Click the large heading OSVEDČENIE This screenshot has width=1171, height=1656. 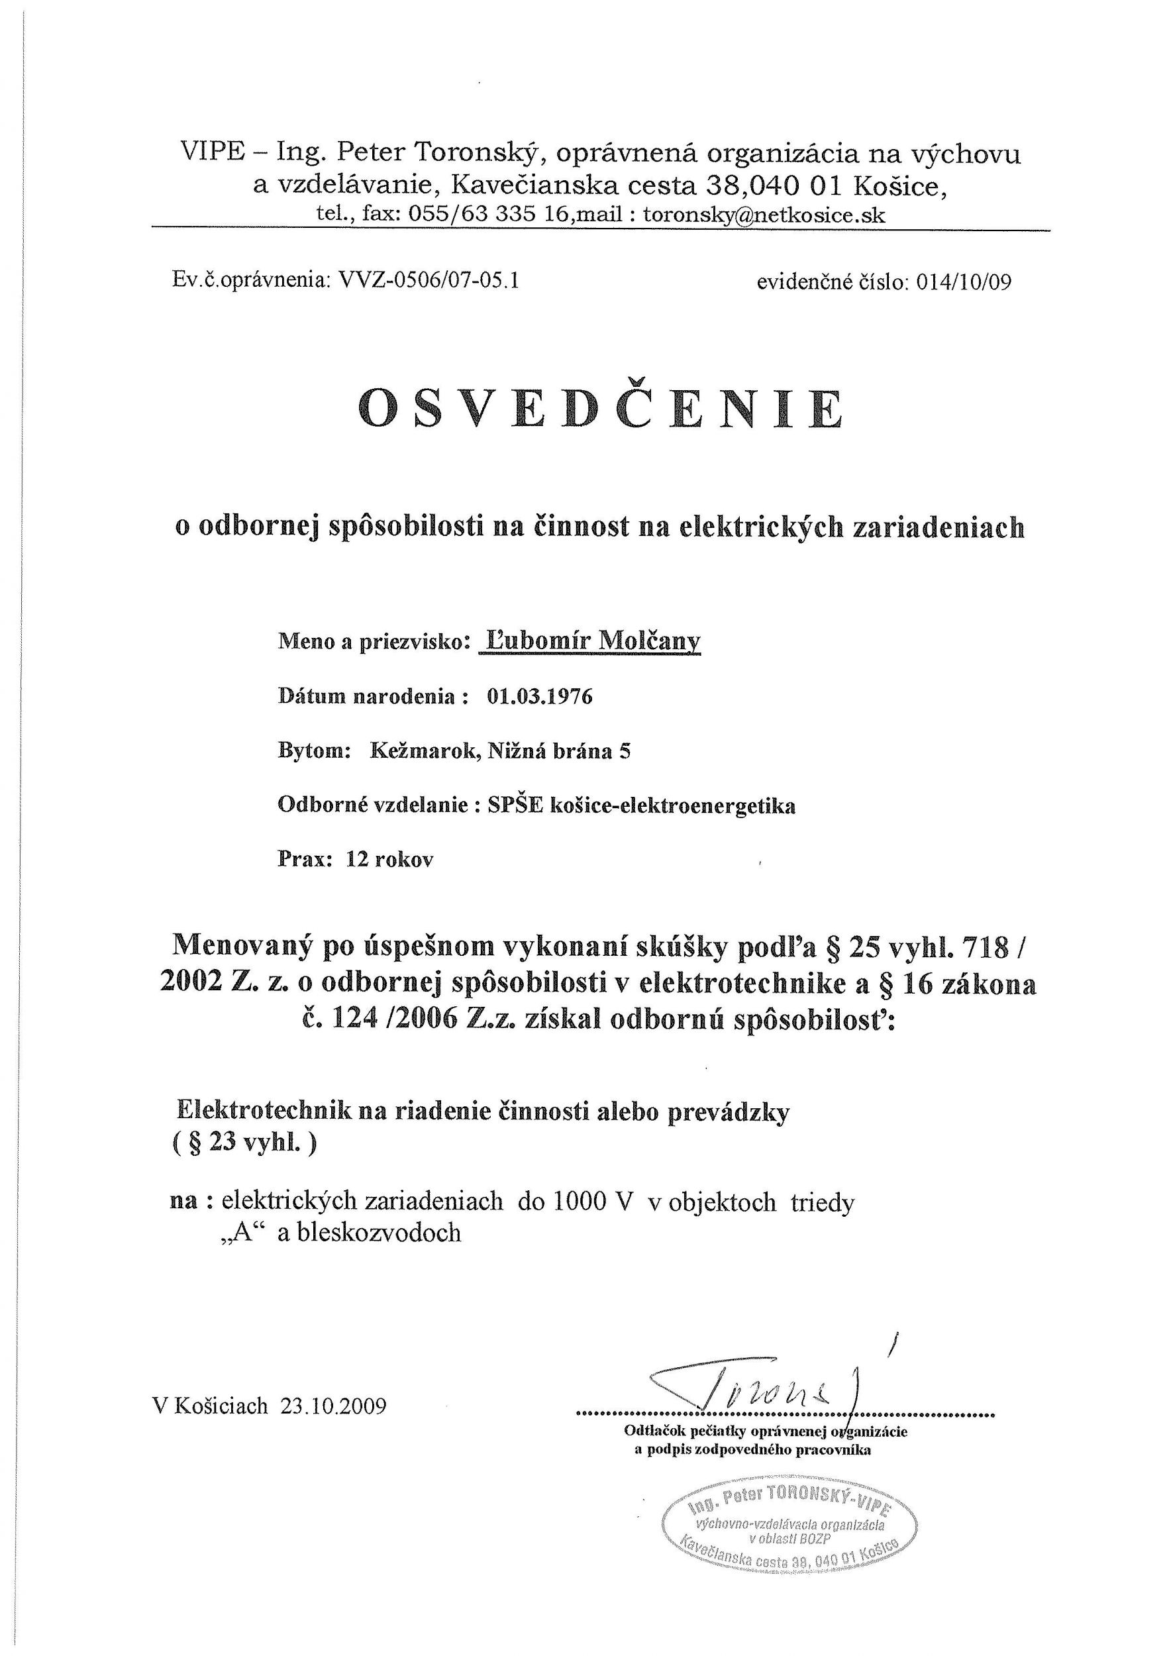600,408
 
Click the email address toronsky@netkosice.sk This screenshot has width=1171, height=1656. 764,215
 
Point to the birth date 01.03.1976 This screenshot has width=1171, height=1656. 539,697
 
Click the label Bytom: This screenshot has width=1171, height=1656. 315,752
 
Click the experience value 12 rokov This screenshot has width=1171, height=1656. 389,860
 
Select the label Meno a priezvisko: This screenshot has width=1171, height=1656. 374,642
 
